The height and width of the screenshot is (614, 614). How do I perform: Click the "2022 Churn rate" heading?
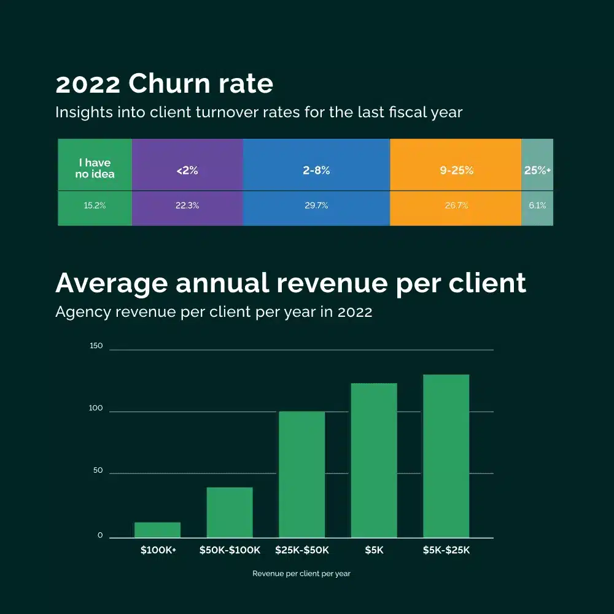pyautogui.click(x=164, y=84)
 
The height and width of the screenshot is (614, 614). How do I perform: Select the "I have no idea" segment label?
pyautogui.click(x=95, y=168)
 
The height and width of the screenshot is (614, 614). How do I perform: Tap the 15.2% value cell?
pyautogui.click(x=95, y=206)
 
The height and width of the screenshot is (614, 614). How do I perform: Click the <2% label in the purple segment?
pyautogui.click(x=187, y=171)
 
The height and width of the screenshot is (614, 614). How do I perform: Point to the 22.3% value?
pyautogui.click(x=187, y=206)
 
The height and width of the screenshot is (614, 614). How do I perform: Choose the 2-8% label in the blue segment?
pyautogui.click(x=316, y=171)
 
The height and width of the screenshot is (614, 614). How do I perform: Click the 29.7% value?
pyautogui.click(x=316, y=206)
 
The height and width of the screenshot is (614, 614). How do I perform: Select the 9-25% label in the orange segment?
pyautogui.click(x=456, y=171)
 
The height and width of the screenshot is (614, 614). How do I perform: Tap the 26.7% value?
pyautogui.click(x=456, y=206)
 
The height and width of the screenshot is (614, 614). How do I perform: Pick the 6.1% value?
pyautogui.click(x=537, y=206)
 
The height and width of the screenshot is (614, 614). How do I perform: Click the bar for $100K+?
pyautogui.click(x=157, y=530)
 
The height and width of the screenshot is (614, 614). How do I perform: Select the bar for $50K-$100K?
pyautogui.click(x=230, y=513)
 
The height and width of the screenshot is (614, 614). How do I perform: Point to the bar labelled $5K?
pyautogui.click(x=374, y=460)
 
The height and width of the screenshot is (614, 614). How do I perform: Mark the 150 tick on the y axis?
pyautogui.click(x=96, y=346)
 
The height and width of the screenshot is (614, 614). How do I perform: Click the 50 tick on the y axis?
pyautogui.click(x=98, y=471)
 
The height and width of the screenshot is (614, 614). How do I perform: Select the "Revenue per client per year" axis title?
pyautogui.click(x=301, y=573)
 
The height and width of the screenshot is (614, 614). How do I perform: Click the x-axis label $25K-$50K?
pyautogui.click(x=301, y=550)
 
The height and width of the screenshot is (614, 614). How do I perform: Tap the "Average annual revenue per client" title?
pyautogui.click(x=290, y=284)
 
